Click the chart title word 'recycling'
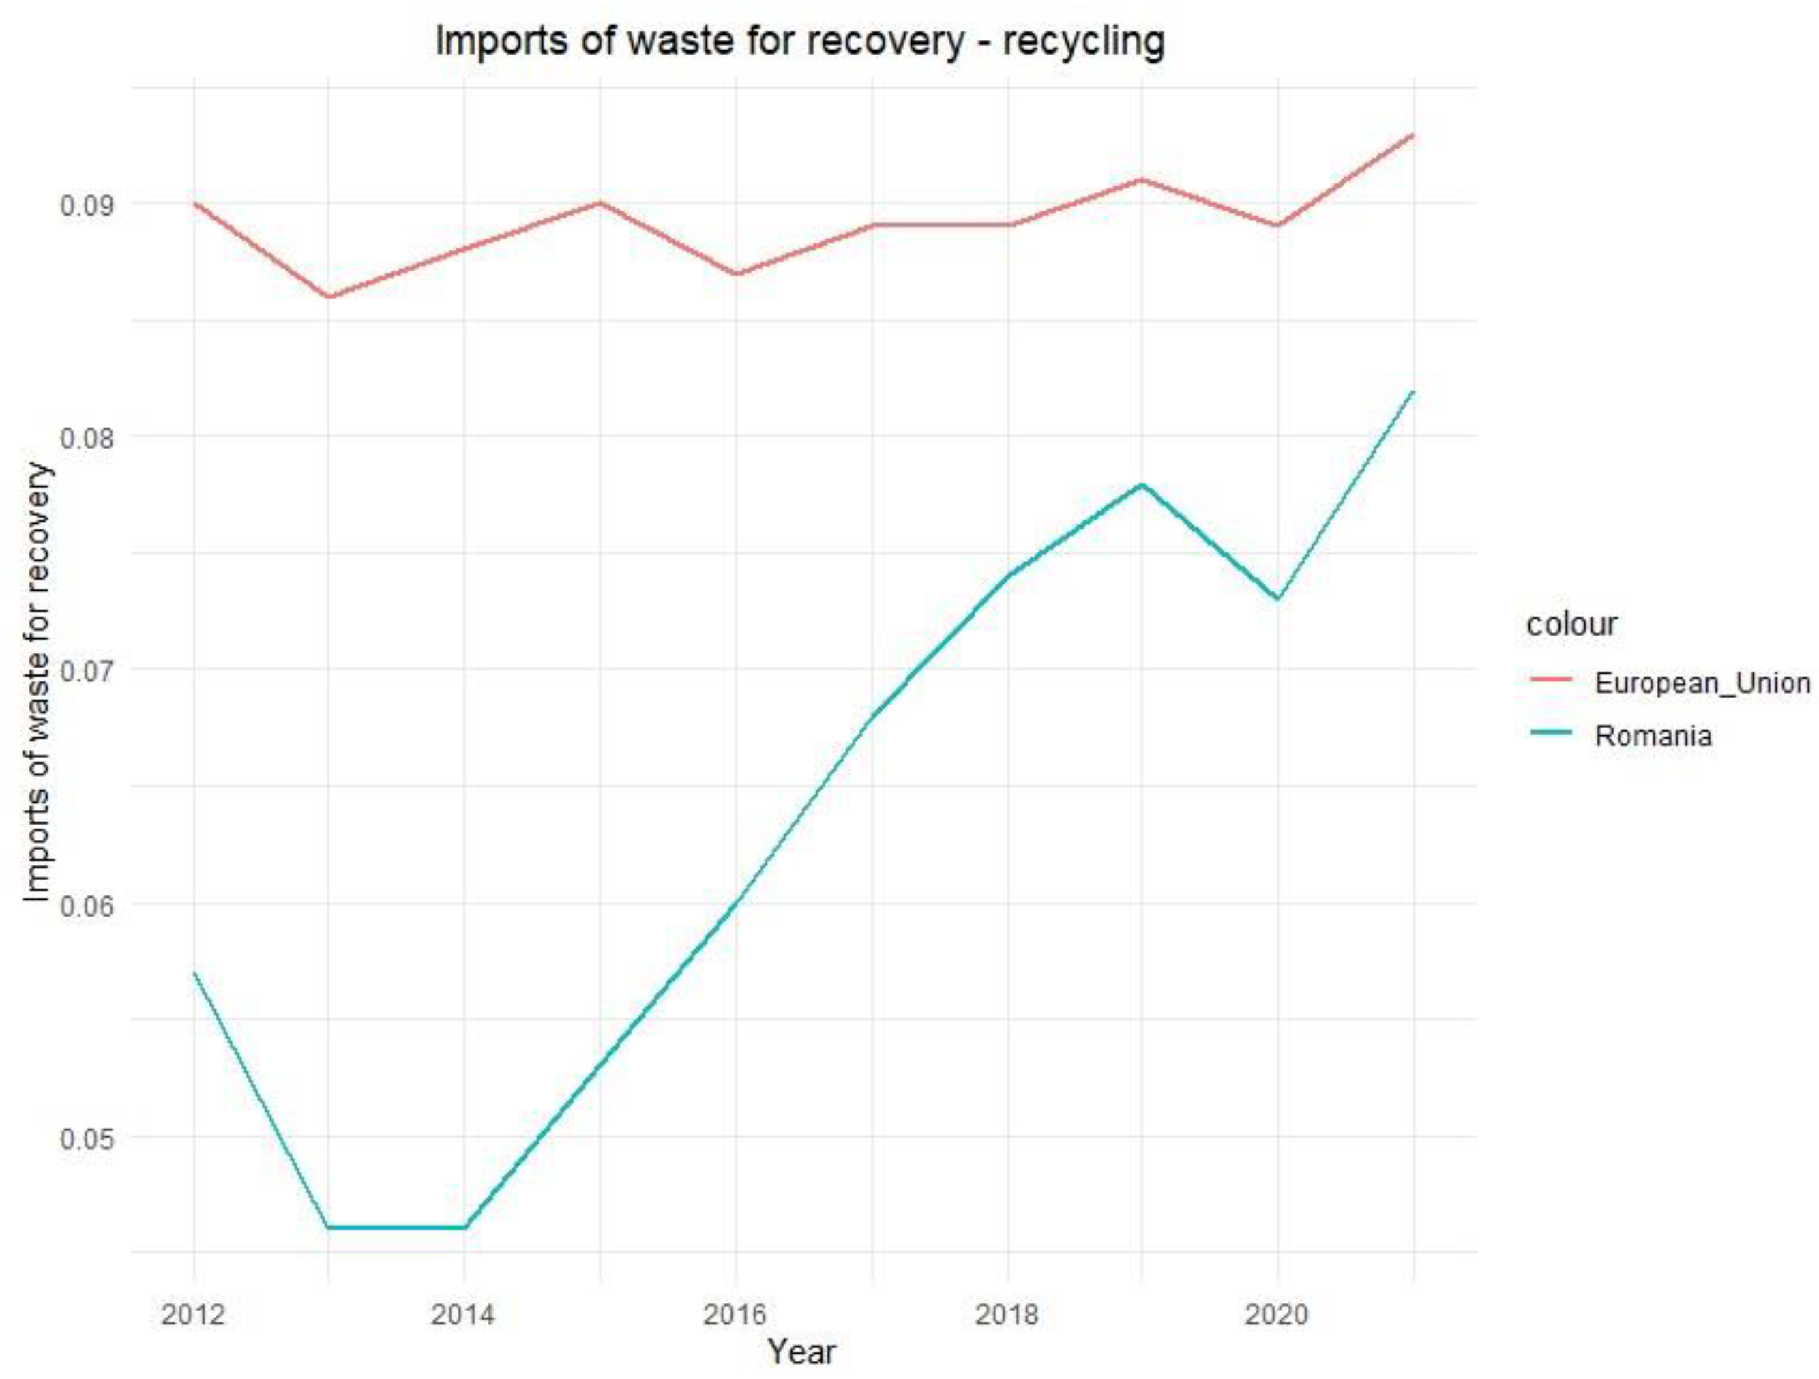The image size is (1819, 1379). tap(1083, 41)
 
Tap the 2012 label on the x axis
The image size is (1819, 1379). tap(193, 1315)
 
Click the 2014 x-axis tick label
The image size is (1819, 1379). tap(464, 1315)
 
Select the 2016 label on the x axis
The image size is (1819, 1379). tap(735, 1315)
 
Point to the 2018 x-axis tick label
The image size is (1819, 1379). tap(1007, 1315)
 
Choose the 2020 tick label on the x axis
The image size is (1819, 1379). tap(1276, 1315)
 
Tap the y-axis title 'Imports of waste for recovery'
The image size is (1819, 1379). tap(37, 683)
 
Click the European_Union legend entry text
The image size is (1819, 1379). tap(1702, 683)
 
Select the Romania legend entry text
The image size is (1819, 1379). tap(1653, 735)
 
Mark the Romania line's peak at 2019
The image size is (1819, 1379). tap(1142, 484)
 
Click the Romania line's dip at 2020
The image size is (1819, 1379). tap(1277, 599)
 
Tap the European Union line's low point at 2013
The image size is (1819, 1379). tap(329, 297)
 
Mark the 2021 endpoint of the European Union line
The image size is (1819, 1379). tap(1412, 134)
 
